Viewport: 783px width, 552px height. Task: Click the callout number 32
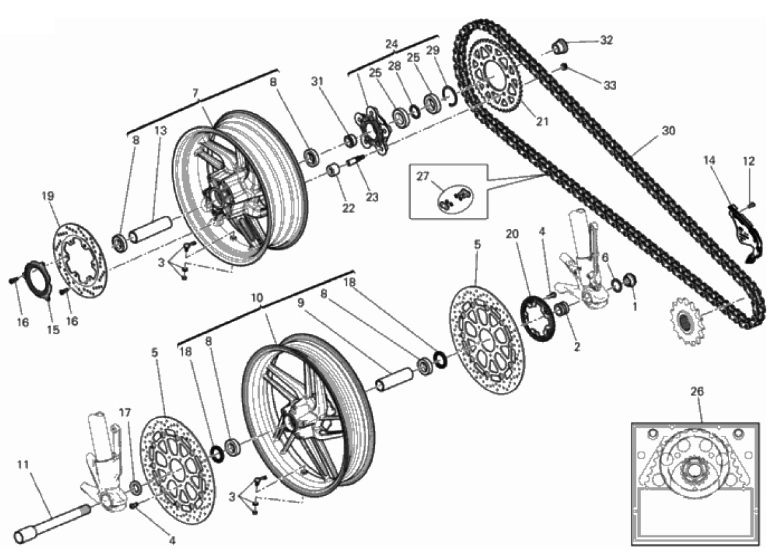pyautogui.click(x=606, y=40)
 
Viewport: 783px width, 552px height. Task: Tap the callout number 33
pyautogui.click(x=610, y=85)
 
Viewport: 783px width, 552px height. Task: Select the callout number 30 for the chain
pyautogui.click(x=668, y=130)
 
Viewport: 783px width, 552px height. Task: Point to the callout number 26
pyautogui.click(x=697, y=392)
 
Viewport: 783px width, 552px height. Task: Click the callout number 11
pyautogui.click(x=23, y=464)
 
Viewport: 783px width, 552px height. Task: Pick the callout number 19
pyautogui.click(x=47, y=196)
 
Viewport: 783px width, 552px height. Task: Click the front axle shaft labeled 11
pyautogui.click(x=53, y=521)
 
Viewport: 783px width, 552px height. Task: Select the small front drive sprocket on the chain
pyautogui.click(x=686, y=320)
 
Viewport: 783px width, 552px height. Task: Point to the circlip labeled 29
pyautogui.click(x=451, y=96)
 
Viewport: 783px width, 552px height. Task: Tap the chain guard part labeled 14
pyautogui.click(x=744, y=232)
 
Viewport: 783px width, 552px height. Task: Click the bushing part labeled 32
pyautogui.click(x=561, y=46)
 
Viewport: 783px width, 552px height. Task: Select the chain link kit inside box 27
pyautogui.click(x=455, y=197)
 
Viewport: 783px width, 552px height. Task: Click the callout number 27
pyautogui.click(x=423, y=177)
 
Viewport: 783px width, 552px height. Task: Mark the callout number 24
pyautogui.click(x=391, y=44)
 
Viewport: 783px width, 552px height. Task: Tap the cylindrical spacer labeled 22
pyautogui.click(x=334, y=170)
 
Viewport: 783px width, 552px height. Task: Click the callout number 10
pyautogui.click(x=257, y=298)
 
